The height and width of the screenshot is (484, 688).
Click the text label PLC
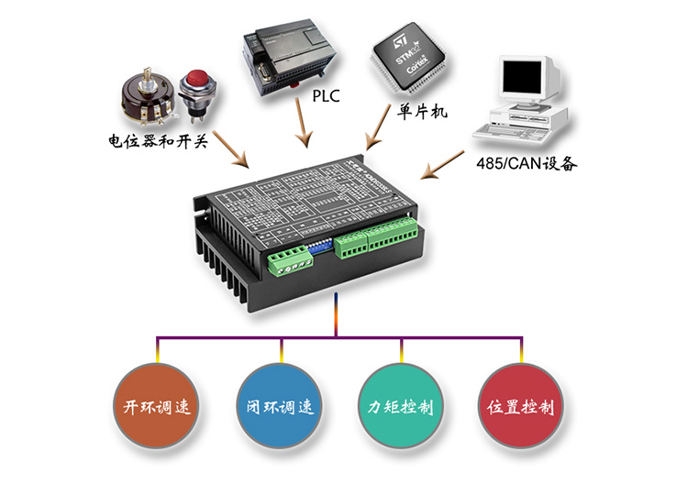coord(327,94)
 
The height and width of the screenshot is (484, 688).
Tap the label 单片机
coord(422,112)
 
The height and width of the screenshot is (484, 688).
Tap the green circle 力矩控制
coord(400,407)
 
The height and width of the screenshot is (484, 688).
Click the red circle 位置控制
coord(520,407)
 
